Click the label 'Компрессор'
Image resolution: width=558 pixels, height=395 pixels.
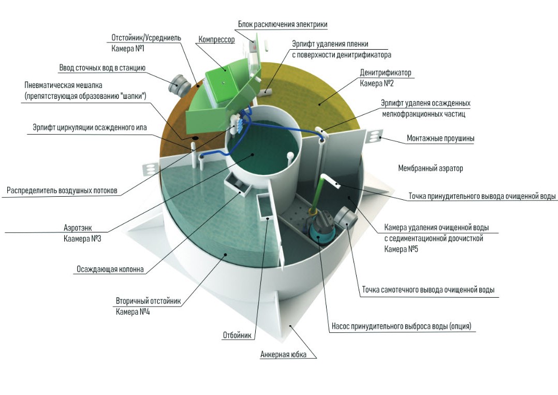tap(216, 39)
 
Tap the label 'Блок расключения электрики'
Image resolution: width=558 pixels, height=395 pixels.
tap(283, 24)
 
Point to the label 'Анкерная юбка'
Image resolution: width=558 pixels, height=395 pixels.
tap(283, 355)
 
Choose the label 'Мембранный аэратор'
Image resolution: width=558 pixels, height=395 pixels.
tap(430, 168)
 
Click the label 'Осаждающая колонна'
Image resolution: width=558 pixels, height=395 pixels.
tap(110, 269)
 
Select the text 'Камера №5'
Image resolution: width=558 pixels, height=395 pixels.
tap(401, 249)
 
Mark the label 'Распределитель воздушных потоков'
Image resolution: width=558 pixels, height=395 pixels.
tap(62, 191)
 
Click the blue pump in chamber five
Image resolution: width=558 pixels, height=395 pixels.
tap(318, 228)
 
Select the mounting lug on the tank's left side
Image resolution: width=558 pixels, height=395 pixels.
tap(150, 169)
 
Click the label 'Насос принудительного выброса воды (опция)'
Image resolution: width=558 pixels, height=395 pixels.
tap(401, 326)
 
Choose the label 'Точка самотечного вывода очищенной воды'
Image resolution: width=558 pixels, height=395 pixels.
tap(428, 290)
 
